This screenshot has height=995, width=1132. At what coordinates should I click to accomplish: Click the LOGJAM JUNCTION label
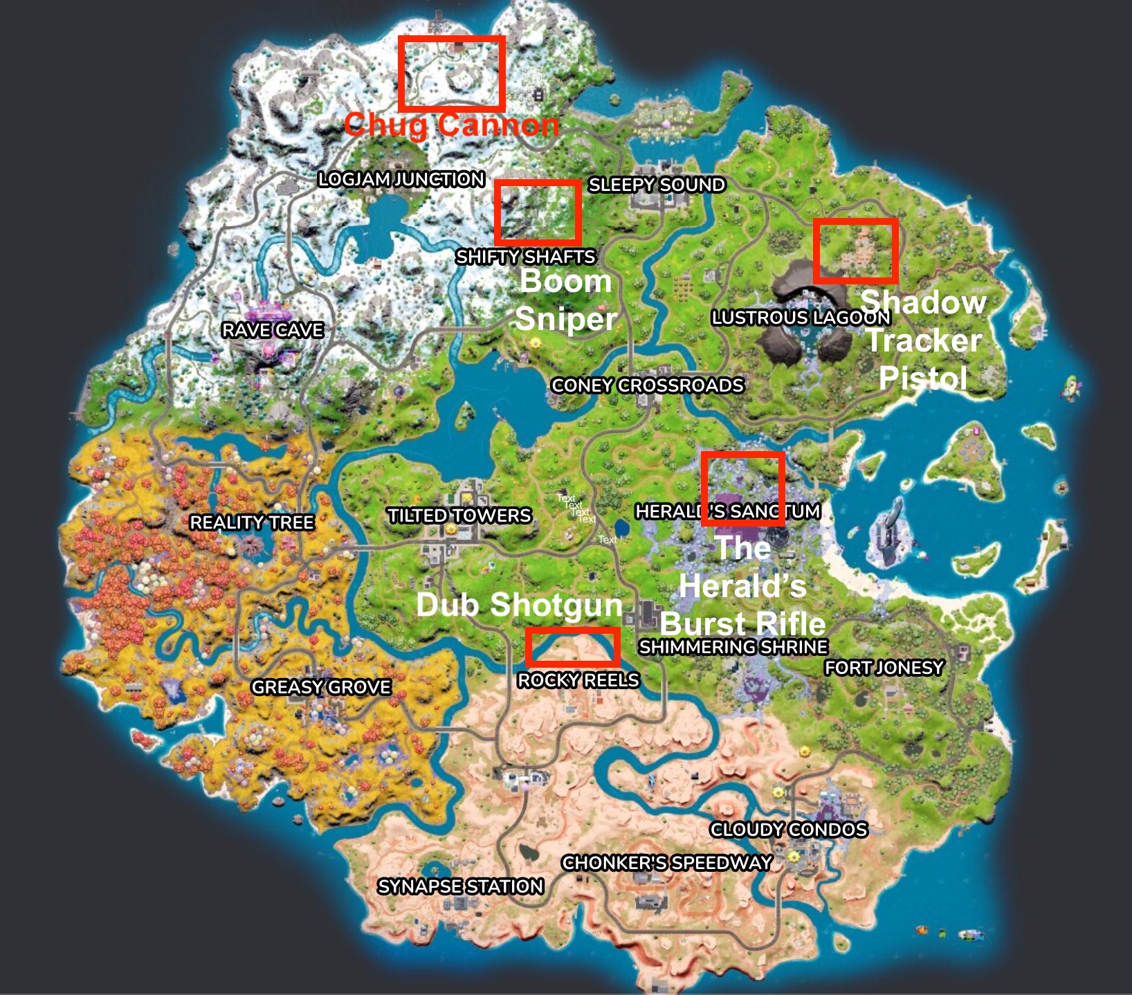401,179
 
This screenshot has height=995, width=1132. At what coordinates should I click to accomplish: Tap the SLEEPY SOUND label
657,185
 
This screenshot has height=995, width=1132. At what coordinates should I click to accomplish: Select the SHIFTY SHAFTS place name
526,257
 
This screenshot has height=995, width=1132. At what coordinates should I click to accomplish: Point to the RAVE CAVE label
273,330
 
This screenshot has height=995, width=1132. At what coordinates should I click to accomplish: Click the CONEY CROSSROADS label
648,385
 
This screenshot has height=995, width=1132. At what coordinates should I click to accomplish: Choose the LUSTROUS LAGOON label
801,318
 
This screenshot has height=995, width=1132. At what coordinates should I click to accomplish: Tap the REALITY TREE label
252,522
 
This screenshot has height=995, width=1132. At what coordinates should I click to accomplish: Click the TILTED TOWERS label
459,515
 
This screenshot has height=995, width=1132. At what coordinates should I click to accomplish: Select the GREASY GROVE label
321,687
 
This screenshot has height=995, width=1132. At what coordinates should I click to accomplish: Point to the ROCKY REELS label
578,680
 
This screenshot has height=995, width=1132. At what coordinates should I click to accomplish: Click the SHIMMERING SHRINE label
733,647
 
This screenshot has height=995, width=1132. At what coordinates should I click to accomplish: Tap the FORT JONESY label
884,668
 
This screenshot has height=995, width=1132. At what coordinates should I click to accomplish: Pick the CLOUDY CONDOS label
789,830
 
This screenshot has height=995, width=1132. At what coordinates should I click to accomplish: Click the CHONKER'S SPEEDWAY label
667,863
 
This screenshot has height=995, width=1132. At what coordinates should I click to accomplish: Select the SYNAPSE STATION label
461,886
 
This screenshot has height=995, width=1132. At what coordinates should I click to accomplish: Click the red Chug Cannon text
451,125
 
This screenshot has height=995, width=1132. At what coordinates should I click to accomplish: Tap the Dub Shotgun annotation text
520,605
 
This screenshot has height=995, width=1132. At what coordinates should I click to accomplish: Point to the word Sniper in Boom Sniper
566,319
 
